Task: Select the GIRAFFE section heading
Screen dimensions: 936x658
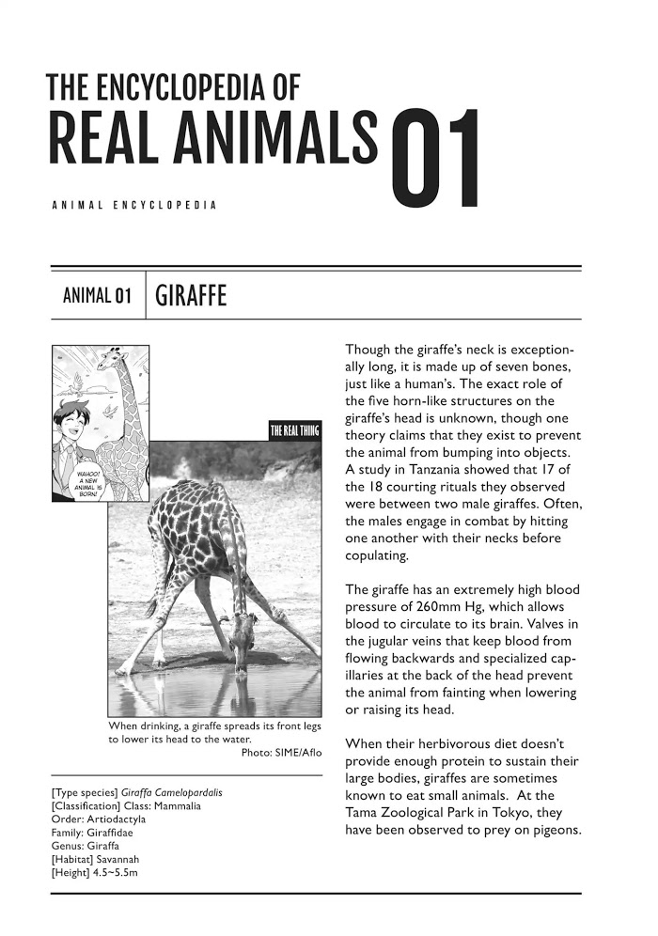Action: (x=192, y=298)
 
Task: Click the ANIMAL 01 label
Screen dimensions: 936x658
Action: (x=95, y=299)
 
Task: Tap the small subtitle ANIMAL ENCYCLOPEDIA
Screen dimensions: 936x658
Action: (x=135, y=204)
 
